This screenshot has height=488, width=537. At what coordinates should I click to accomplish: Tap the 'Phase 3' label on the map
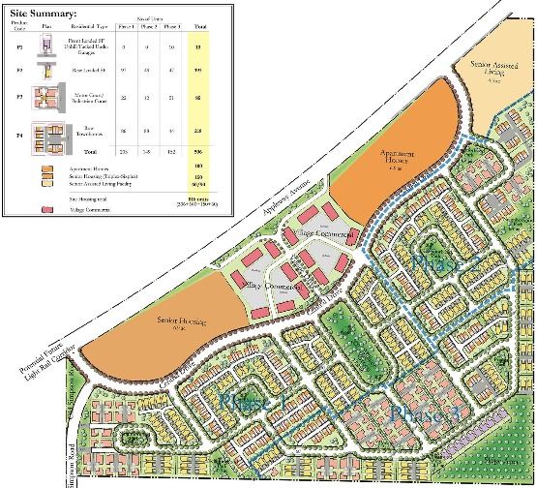(x=426, y=414)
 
